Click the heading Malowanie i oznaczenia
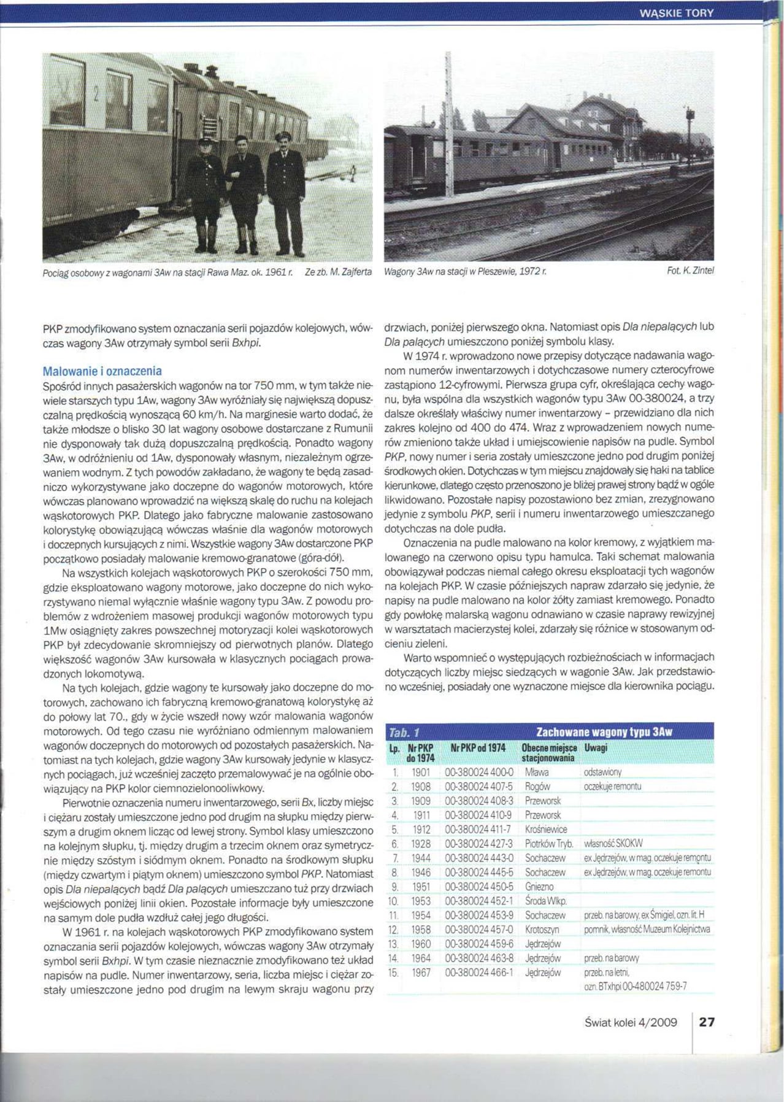(102, 371)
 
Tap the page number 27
(707, 1022)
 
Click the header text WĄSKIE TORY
(676, 13)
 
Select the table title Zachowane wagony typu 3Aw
(604, 731)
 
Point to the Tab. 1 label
(404, 732)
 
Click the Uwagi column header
(596, 748)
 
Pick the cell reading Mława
(537, 773)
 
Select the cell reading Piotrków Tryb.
(549, 844)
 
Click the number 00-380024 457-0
(479, 930)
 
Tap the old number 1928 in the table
(421, 844)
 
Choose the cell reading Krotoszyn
(542, 930)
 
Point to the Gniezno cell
(539, 887)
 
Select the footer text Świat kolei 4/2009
(631, 1022)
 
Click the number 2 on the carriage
(96, 94)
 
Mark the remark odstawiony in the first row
(602, 773)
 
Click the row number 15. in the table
(393, 973)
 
